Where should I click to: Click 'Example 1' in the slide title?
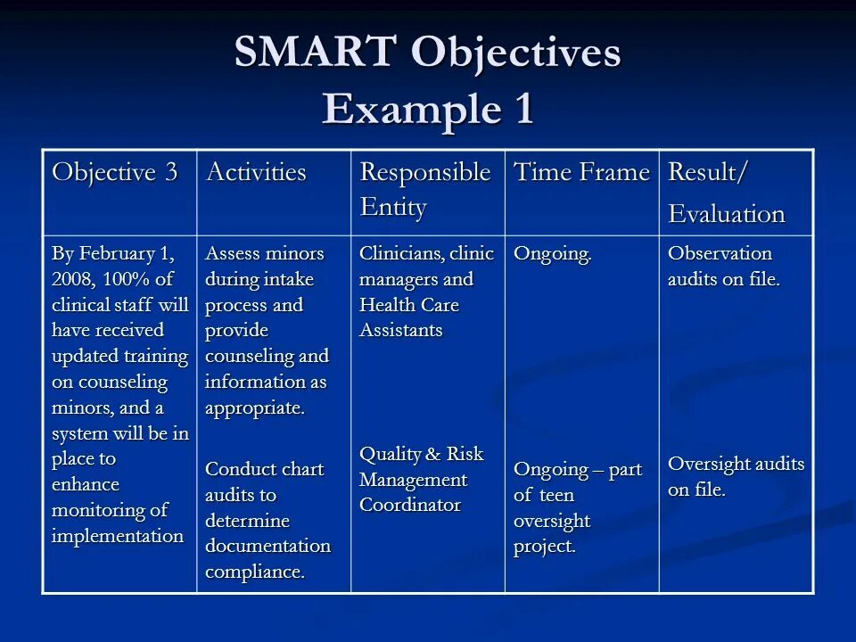[428, 109]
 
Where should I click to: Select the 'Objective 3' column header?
[115, 172]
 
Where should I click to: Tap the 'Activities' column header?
[256, 172]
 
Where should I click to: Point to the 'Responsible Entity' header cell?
[424, 189]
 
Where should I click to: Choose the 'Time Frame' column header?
[581, 172]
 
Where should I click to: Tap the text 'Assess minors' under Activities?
[265, 253]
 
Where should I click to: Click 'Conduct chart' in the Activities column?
[264, 469]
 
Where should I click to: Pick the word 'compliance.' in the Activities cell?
[255, 572]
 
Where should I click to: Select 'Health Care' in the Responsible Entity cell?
[409, 305]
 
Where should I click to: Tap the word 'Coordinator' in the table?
[410, 505]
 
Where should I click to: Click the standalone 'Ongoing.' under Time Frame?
[553, 254]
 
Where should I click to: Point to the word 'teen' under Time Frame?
[556, 495]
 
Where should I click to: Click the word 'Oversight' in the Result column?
[709, 464]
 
